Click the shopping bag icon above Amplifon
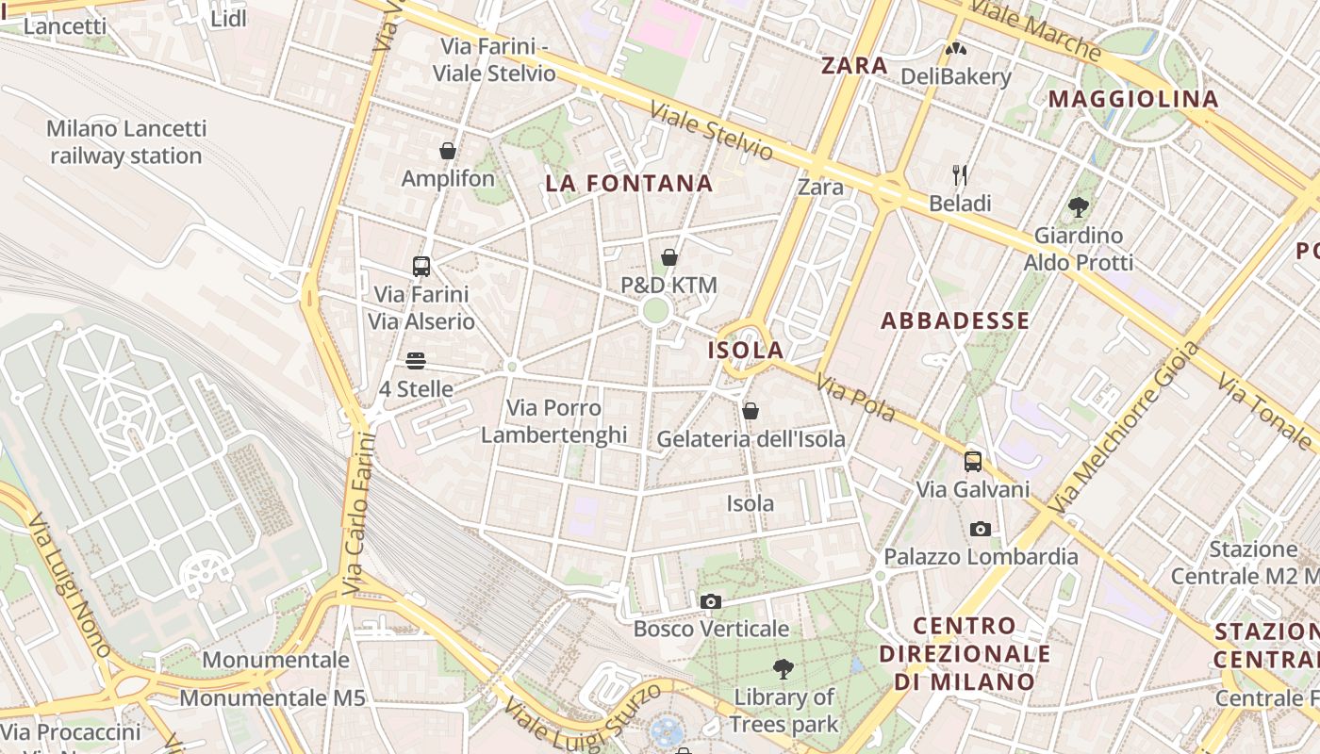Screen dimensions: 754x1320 [448, 151]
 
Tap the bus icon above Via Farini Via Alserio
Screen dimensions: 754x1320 [421, 266]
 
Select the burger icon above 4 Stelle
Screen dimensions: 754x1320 [416, 361]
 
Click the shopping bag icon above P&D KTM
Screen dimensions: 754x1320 [669, 257]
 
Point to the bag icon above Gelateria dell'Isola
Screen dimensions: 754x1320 [751, 411]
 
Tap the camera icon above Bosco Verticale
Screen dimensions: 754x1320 [711, 601]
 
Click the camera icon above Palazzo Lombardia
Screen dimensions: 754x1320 [981, 529]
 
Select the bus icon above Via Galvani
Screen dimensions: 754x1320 [973, 462]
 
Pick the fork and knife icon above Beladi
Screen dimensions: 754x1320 [960, 174]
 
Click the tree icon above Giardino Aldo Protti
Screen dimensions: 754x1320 [1079, 206]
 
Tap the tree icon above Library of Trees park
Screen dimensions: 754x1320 [783, 669]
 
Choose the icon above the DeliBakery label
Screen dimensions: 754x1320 [956, 49]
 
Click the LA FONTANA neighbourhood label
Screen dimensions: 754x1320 [629, 184]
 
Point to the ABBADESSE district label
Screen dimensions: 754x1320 [955, 320]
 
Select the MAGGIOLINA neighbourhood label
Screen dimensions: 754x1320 [1133, 99]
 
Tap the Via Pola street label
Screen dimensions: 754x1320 [856, 400]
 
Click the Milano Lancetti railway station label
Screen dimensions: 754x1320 [125, 141]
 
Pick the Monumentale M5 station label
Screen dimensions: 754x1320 [272, 698]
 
